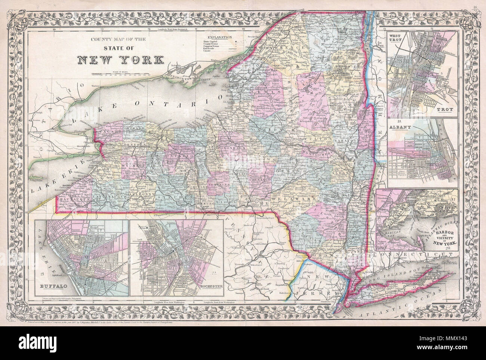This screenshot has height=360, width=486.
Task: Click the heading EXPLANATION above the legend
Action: tap(218, 38)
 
